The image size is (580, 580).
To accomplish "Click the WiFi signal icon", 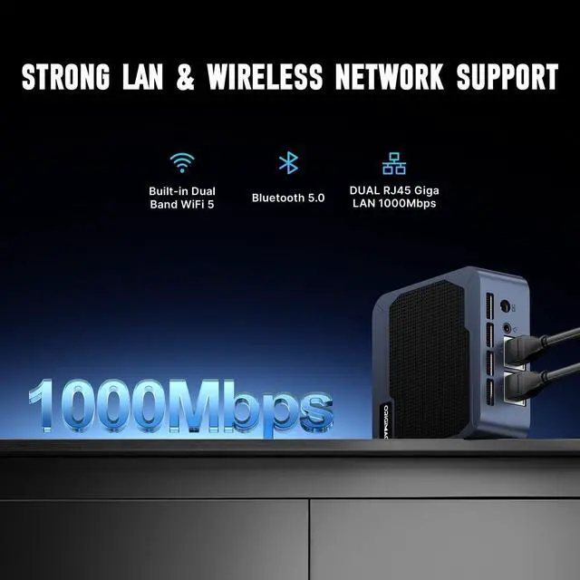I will (x=182, y=163).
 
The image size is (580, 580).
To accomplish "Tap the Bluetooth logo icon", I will (x=288, y=163).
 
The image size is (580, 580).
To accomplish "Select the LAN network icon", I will (x=393, y=164).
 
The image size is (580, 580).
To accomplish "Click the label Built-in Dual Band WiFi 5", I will (x=182, y=198).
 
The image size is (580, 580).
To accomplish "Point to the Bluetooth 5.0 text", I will (x=288, y=198).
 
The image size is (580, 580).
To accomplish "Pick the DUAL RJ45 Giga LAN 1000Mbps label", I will (x=393, y=198).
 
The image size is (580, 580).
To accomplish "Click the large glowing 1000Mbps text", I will (x=181, y=403).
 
